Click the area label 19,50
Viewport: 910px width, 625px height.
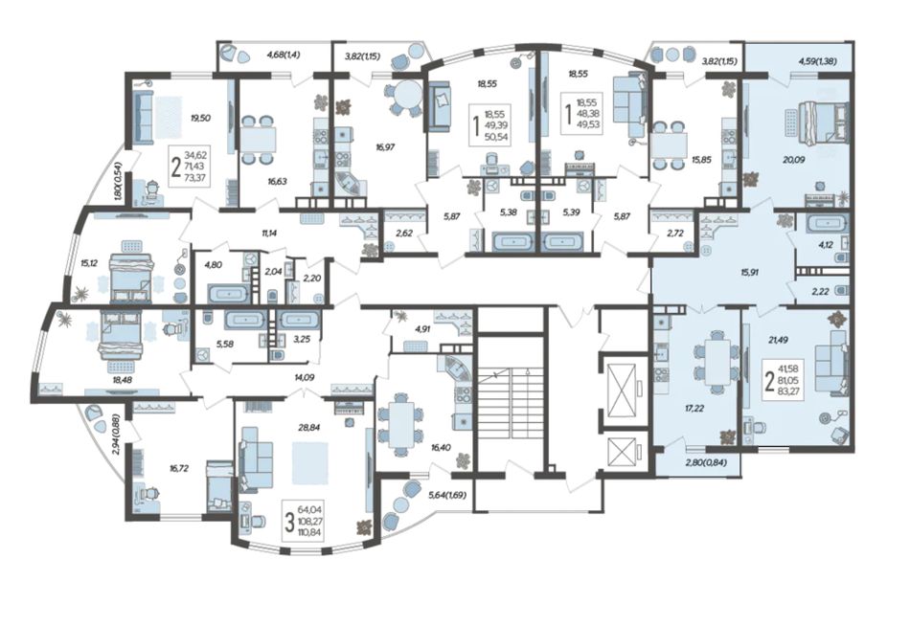(200, 118)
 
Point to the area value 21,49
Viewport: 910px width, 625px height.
(769, 341)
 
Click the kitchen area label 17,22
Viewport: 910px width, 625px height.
(694, 408)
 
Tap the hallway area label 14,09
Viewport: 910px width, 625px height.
(304, 377)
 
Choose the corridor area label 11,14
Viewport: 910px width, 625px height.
(269, 234)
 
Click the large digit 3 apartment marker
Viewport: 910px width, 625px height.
(289, 522)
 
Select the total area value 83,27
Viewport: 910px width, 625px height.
(791, 391)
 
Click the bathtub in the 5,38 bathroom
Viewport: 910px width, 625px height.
(513, 241)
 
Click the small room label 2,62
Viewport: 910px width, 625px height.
(403, 234)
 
